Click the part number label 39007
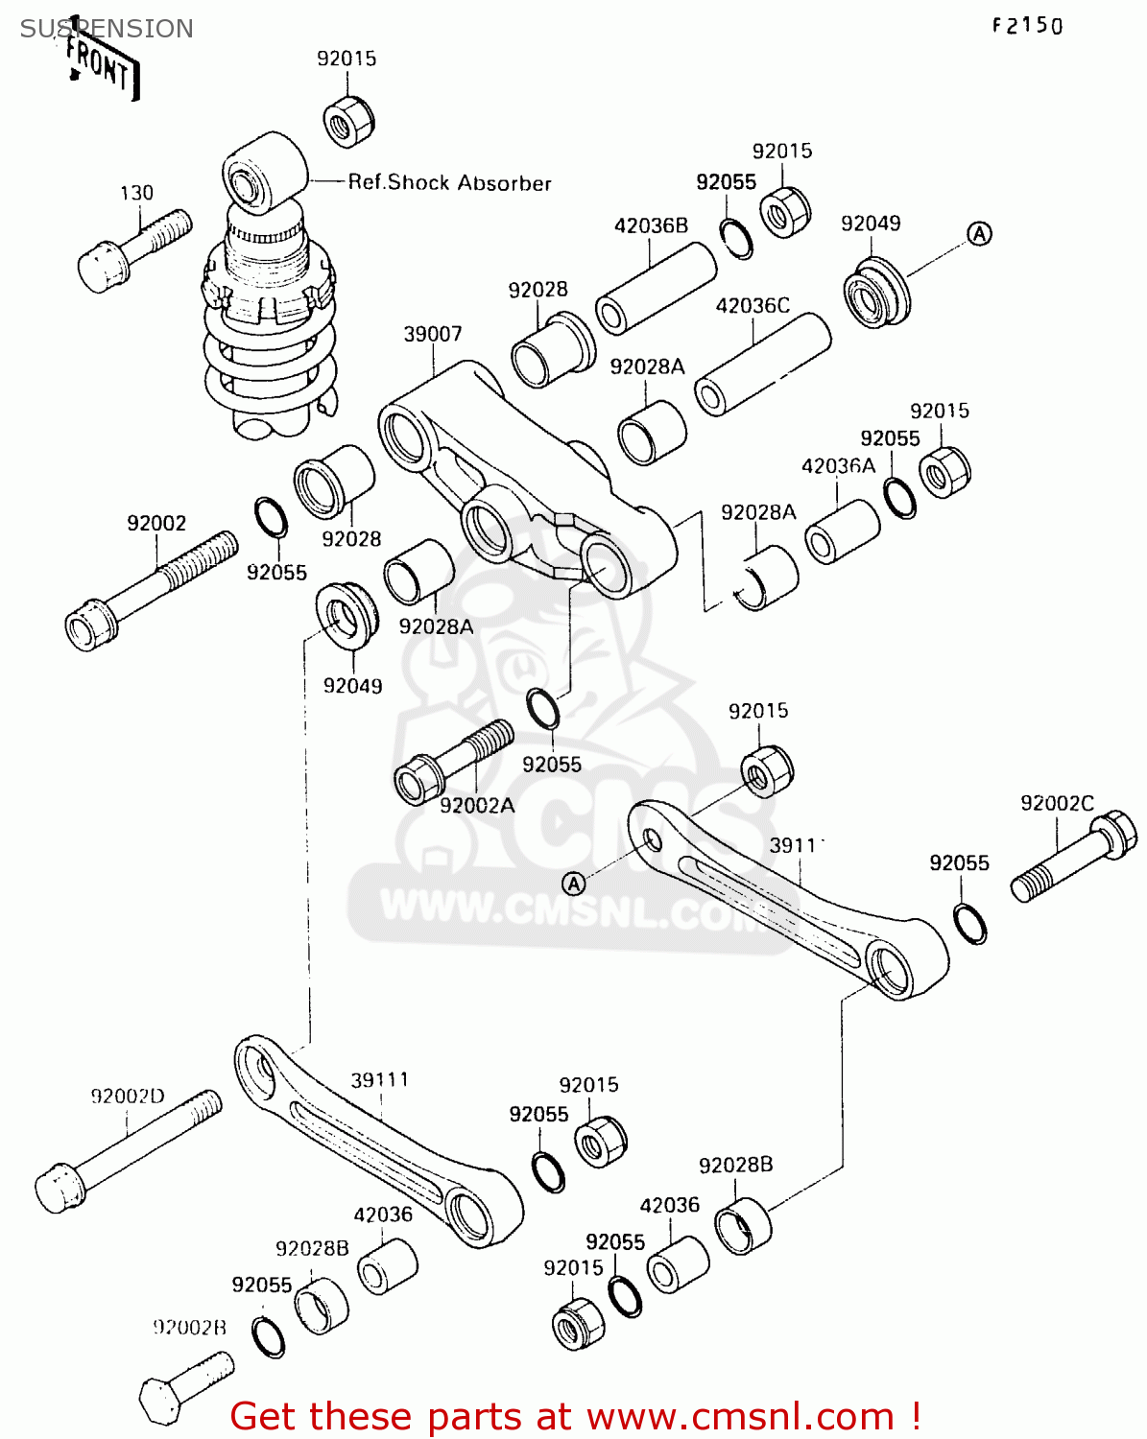(432, 334)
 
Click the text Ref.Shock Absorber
(449, 182)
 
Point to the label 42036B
(651, 225)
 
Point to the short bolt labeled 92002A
(452, 763)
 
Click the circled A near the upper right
(978, 233)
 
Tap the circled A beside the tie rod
(573, 884)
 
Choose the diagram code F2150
(1027, 26)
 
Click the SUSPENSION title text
(107, 29)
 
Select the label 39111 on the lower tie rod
(379, 1079)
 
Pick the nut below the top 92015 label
(348, 121)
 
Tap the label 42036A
(838, 465)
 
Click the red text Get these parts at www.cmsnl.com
(576, 1416)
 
